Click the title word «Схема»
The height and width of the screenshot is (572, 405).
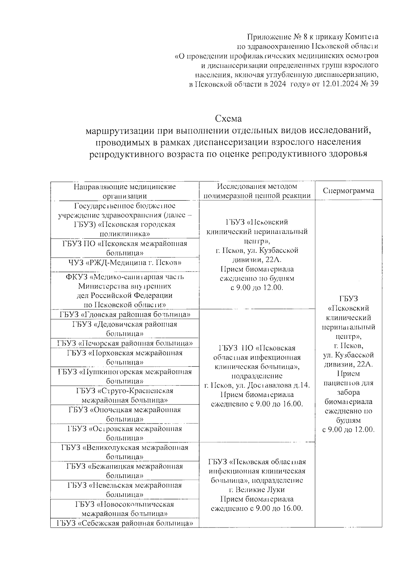tap(229, 119)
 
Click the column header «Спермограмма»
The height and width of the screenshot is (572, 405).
tap(348, 191)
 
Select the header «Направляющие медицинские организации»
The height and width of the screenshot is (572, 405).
tap(125, 191)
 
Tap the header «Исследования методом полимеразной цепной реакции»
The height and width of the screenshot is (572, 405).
tap(257, 191)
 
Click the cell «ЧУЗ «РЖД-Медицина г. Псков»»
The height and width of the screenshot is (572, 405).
tap(125, 263)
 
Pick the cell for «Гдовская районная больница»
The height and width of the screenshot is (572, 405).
tap(125, 315)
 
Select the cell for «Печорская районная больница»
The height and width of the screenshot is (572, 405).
tap(125, 343)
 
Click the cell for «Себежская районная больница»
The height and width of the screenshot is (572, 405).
tap(125, 523)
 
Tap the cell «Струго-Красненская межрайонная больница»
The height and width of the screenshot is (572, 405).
tap(125, 395)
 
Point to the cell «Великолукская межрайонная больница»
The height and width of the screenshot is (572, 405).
tap(125, 452)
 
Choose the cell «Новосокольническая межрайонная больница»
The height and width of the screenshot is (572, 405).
tap(125, 509)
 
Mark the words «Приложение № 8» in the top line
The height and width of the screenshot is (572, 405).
tap(273, 37)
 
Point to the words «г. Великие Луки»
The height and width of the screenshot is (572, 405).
tap(257, 490)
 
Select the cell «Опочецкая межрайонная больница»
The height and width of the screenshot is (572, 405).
tap(125, 414)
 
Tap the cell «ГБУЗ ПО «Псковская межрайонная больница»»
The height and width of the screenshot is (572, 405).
tap(125, 248)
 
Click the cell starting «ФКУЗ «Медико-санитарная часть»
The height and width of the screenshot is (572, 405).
tap(125, 291)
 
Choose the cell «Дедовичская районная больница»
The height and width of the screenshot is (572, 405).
tap(125, 329)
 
